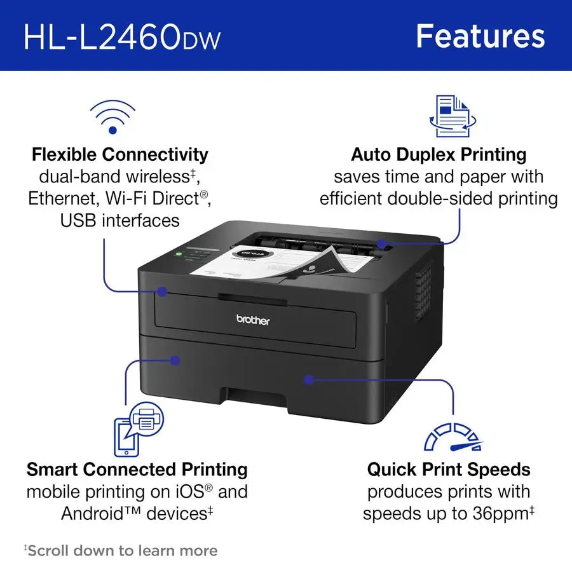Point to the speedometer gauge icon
[453, 436]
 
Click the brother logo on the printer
[253, 320]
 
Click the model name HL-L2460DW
[122, 37]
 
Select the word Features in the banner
[480, 36]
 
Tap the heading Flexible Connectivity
[120, 154]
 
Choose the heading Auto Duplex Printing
[439, 154]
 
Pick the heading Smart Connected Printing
[137, 470]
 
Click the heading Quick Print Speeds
[448, 470]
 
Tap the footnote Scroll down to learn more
[122, 550]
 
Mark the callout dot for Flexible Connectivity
[162, 292]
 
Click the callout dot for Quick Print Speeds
[308, 379]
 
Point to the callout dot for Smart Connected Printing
[175, 360]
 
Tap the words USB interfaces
[120, 221]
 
